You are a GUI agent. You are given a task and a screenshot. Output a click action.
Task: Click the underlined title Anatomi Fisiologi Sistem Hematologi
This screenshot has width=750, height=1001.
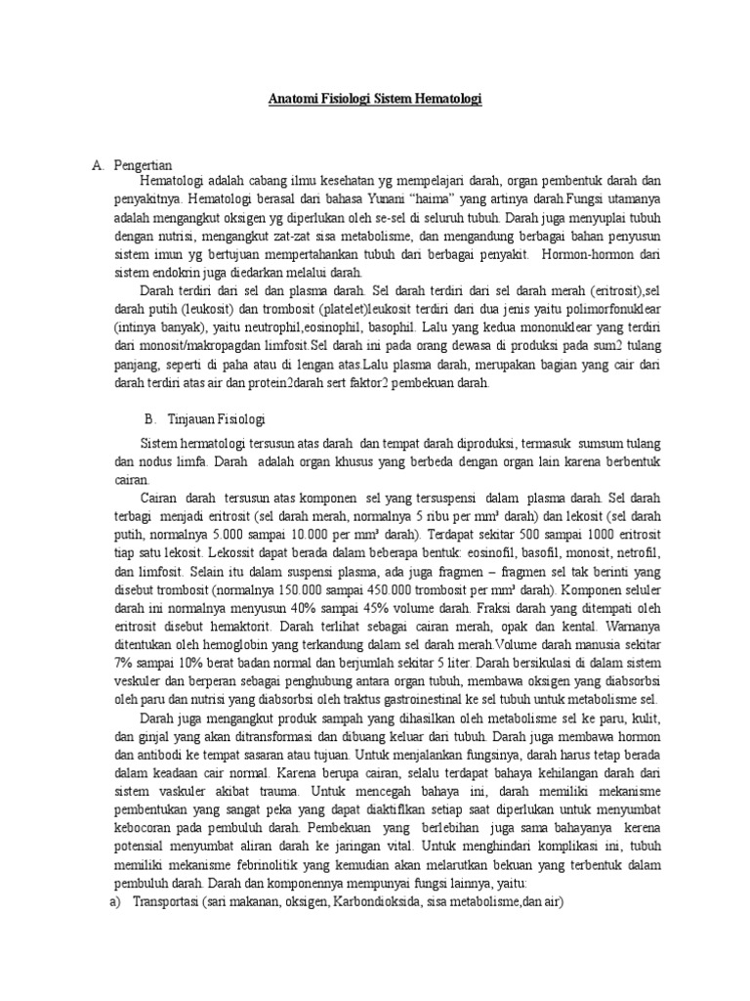click(x=376, y=100)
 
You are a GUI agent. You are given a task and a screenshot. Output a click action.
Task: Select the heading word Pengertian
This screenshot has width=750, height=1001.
click(x=143, y=165)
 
